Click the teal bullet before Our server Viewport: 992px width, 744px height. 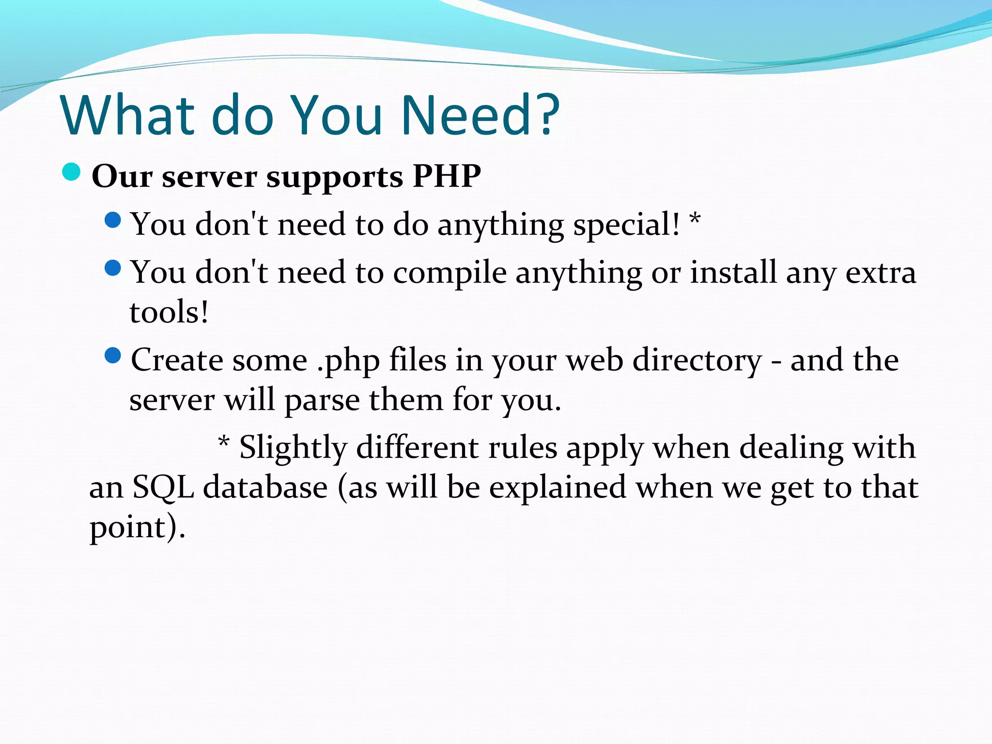click(x=72, y=172)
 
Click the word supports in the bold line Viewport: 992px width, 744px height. click(x=335, y=178)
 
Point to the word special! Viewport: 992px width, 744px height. click(x=627, y=225)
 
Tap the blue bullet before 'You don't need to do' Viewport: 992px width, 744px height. click(x=112, y=220)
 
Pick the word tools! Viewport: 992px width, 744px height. click(x=169, y=312)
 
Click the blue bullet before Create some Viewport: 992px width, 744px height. click(x=112, y=356)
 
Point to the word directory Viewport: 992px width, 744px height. click(x=697, y=361)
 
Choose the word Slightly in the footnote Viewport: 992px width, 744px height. click(x=293, y=448)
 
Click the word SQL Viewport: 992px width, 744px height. click(x=163, y=488)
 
